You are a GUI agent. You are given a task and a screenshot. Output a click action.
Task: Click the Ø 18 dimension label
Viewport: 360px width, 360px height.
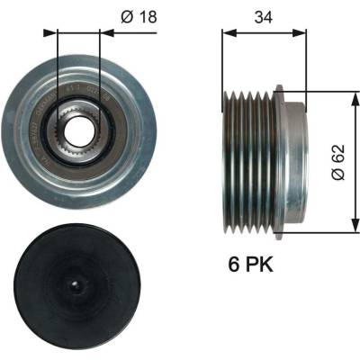click(x=139, y=17)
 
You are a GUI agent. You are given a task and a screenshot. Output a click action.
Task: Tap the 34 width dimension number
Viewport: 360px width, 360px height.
click(x=264, y=17)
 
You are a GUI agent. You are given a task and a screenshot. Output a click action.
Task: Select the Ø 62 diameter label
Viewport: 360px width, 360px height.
click(x=338, y=162)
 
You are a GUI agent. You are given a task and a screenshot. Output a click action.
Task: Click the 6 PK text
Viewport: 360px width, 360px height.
click(x=251, y=264)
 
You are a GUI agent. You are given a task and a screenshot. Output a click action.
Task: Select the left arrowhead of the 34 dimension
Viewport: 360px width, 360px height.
click(x=229, y=32)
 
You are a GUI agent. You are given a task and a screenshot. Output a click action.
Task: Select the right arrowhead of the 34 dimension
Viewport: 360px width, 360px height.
click(x=300, y=32)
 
